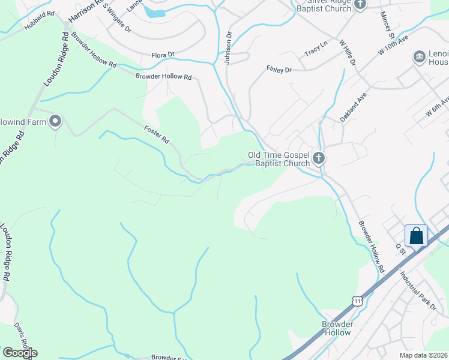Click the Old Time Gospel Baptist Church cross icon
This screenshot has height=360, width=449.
pos(319,158)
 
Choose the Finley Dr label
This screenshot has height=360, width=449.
pos(279,70)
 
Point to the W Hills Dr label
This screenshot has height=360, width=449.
pos(348,53)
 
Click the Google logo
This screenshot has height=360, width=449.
pos(20,352)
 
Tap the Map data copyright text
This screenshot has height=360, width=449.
pos(423,355)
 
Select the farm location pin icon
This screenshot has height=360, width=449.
pos(55,122)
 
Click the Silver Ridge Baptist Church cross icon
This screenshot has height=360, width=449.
pos(360,5)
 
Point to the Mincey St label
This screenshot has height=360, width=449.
pos(385,25)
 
